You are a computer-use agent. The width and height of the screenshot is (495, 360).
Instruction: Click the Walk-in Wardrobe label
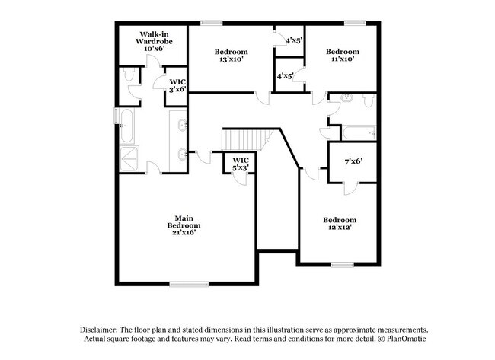[154, 41]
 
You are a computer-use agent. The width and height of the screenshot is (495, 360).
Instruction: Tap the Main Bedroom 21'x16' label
[184, 225]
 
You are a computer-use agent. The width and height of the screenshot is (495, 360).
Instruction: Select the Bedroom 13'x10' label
[231, 56]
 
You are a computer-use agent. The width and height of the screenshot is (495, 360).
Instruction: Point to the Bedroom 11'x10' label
[343, 55]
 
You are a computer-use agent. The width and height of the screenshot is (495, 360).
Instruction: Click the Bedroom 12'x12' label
[340, 224]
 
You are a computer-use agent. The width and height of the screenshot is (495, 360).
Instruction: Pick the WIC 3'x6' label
[177, 86]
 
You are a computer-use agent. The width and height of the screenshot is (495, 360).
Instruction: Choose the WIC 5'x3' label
[241, 164]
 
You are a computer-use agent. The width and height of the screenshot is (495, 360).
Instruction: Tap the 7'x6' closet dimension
[353, 161]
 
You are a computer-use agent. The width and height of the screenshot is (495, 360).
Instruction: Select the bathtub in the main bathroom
[127, 126]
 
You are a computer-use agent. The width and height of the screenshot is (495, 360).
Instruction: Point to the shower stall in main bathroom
[129, 159]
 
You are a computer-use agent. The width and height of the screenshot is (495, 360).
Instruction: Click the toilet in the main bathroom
[129, 75]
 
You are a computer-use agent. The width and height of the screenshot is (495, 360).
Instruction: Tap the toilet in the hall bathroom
[368, 100]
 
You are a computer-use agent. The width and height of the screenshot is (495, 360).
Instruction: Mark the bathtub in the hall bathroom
[359, 133]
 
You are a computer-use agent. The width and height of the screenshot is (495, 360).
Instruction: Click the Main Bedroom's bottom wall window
[189, 285]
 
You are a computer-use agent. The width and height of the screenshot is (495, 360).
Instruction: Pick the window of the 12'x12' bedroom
[342, 265]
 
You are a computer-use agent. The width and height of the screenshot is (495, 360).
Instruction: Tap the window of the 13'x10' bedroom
[212, 23]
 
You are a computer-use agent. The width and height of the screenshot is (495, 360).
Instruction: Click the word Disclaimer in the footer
[99, 330]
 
